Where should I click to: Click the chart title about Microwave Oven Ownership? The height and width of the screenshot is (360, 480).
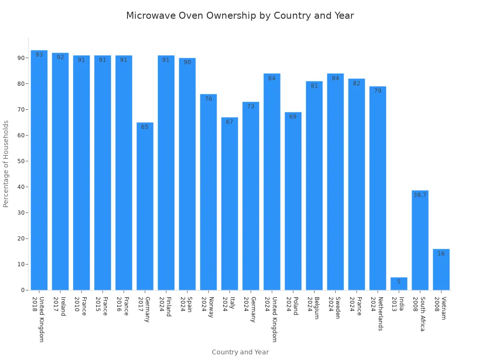pyautogui.click(x=240, y=16)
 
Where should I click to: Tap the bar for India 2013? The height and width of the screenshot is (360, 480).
pyautogui.click(x=399, y=284)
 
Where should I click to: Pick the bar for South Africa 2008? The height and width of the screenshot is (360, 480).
pyautogui.click(x=420, y=240)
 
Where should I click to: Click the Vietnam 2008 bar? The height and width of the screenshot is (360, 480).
pyautogui.click(x=441, y=270)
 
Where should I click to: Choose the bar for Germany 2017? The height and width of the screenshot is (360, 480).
pyautogui.click(x=145, y=206)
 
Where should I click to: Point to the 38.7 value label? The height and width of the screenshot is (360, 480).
pyautogui.click(x=420, y=195)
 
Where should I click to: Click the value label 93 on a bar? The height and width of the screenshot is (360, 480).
pyautogui.click(x=39, y=55)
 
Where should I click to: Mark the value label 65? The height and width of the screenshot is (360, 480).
pyautogui.click(x=145, y=127)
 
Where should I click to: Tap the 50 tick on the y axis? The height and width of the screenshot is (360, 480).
pyautogui.click(x=21, y=161)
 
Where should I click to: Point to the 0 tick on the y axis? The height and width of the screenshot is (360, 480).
pyautogui.click(x=22, y=290)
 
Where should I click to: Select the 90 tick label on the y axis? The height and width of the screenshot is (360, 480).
pyautogui.click(x=21, y=58)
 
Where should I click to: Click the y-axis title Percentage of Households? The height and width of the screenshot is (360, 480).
pyautogui.click(x=6, y=164)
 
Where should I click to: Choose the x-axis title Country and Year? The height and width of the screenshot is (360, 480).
pyautogui.click(x=240, y=352)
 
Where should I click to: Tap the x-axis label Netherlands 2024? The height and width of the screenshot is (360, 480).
pyautogui.click(x=377, y=314)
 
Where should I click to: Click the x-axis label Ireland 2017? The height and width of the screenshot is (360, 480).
pyautogui.click(x=60, y=306)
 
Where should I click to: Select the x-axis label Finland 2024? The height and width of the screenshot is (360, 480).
pyautogui.click(x=165, y=307)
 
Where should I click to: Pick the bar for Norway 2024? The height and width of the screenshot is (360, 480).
pyautogui.click(x=208, y=192)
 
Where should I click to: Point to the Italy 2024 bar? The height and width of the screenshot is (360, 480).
pyautogui.click(x=229, y=204)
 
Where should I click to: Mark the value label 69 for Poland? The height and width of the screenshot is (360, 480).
pyautogui.click(x=293, y=117)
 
